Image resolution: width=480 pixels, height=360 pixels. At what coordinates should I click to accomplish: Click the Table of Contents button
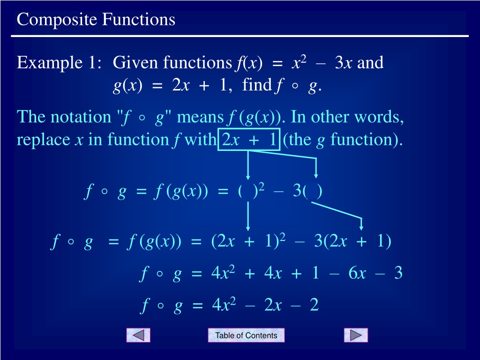click(x=246, y=335)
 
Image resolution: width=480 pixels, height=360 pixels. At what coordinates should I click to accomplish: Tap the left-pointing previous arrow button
click(x=138, y=335)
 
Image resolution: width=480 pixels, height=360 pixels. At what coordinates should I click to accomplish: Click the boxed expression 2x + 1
click(x=249, y=140)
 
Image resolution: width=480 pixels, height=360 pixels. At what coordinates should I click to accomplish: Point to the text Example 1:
click(x=59, y=63)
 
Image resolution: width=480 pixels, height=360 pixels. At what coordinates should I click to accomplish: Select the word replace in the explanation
click(x=44, y=141)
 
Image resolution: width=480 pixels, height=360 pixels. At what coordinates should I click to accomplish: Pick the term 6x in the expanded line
click(x=357, y=272)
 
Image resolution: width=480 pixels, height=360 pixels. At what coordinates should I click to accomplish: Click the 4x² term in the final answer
click(x=224, y=305)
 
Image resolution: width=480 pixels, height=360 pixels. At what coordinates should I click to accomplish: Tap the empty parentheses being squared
click(x=247, y=191)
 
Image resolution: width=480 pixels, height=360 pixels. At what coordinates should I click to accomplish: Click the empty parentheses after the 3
click(x=312, y=192)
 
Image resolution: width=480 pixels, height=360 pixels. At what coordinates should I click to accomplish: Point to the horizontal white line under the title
click(x=240, y=36)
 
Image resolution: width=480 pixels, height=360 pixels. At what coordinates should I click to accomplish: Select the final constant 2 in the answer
click(x=314, y=305)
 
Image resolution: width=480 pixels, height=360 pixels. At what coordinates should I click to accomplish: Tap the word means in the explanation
click(x=201, y=118)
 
